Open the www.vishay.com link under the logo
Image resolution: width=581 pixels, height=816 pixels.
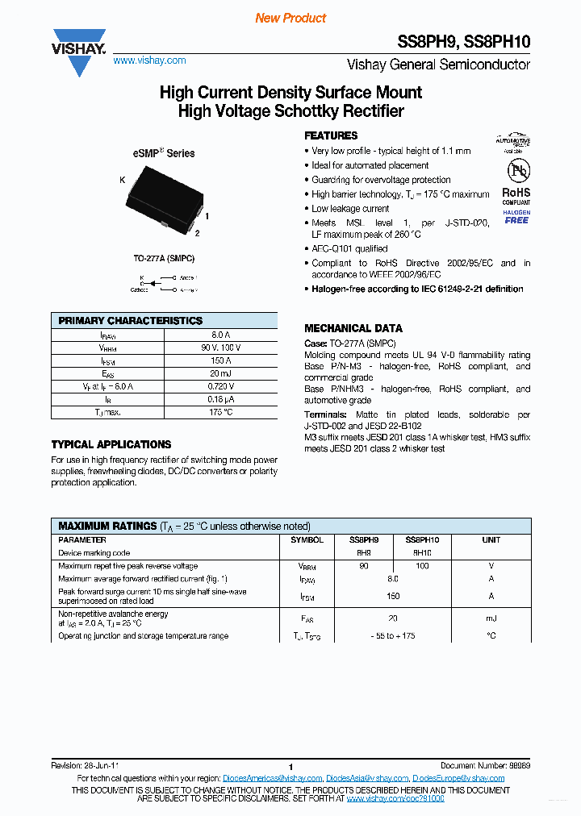(149, 60)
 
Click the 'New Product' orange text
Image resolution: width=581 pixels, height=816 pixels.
(290, 18)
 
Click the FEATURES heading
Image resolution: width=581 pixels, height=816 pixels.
(331, 135)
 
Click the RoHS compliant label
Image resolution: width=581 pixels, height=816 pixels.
(516, 196)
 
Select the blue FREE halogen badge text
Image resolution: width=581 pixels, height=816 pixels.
(516, 220)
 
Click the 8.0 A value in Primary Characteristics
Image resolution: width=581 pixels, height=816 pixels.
(221, 335)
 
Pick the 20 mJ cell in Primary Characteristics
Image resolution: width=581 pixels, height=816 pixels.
(221, 373)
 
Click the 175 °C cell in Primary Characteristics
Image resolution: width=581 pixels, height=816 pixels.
(221, 412)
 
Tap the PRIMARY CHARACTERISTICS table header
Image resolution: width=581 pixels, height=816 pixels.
(131, 320)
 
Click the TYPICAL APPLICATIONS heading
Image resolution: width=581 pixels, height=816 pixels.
(111, 444)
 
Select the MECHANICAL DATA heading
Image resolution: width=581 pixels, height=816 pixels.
(353, 328)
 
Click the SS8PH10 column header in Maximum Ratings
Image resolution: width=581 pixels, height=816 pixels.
(422, 540)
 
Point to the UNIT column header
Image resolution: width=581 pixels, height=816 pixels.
(491, 540)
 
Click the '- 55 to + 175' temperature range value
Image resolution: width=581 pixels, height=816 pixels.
(393, 636)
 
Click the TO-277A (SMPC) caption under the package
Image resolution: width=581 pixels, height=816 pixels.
(164, 258)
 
